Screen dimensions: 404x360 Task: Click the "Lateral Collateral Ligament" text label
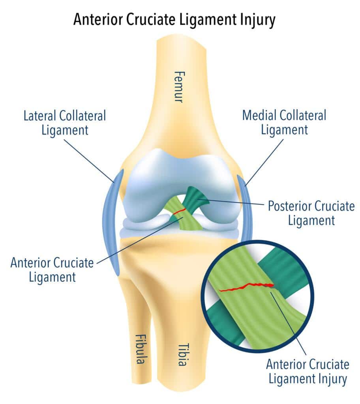(x=65, y=123)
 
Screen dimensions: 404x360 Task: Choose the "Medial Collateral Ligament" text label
(x=284, y=123)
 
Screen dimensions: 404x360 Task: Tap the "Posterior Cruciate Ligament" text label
(x=311, y=213)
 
